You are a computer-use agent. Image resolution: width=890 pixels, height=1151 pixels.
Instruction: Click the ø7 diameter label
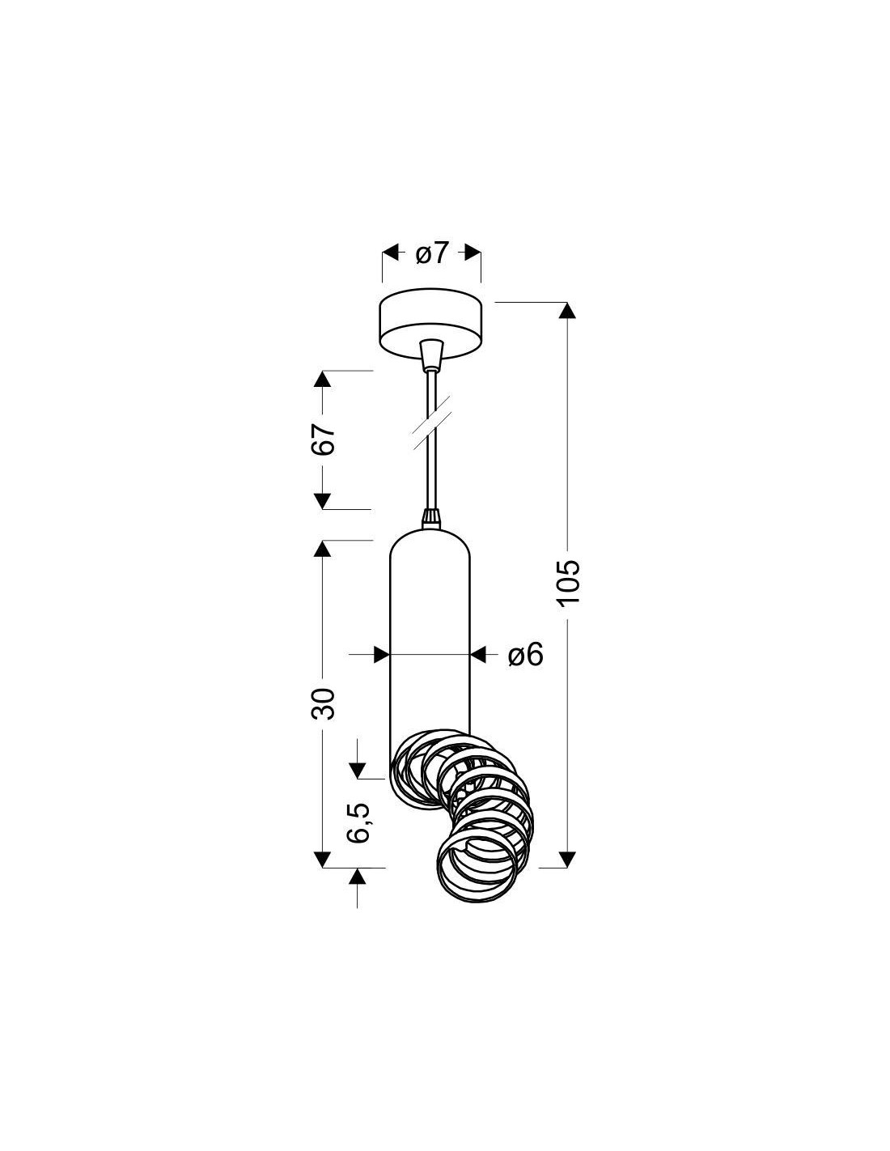[x=431, y=253]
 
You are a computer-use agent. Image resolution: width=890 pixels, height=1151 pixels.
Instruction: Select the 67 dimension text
[x=323, y=439]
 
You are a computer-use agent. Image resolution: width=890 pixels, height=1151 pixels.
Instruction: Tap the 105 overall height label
[x=568, y=581]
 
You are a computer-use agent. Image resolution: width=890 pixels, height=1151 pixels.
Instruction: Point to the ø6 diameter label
[x=525, y=655]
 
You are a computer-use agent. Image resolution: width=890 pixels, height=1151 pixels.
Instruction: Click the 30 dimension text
[x=323, y=703]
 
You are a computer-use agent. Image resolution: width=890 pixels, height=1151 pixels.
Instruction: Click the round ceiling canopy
[x=430, y=324]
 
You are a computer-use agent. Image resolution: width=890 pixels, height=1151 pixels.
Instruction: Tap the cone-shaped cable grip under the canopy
[x=431, y=355]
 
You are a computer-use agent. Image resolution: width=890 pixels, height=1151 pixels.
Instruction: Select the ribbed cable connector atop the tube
[x=431, y=519]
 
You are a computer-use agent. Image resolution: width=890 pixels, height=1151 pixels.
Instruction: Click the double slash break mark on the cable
[x=431, y=423]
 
